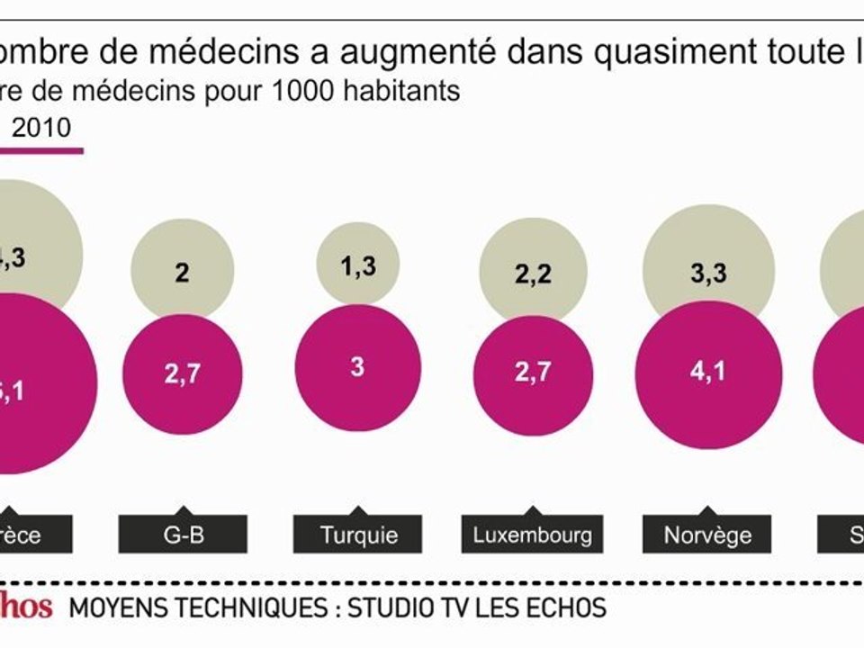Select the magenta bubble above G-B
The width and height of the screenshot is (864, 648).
coord(183,373)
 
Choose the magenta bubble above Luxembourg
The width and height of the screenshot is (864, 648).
coord(533,374)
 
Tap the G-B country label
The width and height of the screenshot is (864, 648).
coord(183,535)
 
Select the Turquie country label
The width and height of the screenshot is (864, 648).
coord(358,535)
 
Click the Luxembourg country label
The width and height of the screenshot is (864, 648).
coord(533,535)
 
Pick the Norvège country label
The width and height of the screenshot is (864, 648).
coord(707,535)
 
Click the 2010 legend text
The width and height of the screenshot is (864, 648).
coord(41,128)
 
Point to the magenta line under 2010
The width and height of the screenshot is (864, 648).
coord(41,149)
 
